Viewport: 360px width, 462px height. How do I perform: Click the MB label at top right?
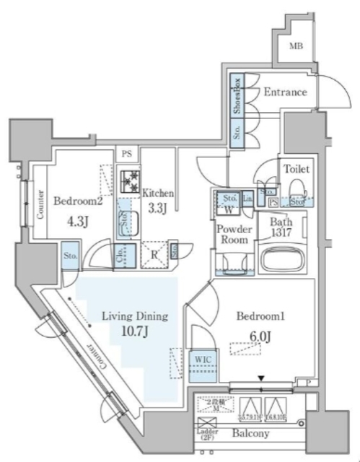(x=296, y=48)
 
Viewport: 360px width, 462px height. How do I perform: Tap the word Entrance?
(x=286, y=92)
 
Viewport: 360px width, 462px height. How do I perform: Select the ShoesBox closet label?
(x=236, y=96)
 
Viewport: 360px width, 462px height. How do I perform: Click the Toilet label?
(x=297, y=169)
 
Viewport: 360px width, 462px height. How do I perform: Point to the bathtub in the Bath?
(x=282, y=261)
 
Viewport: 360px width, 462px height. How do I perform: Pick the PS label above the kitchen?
(x=127, y=154)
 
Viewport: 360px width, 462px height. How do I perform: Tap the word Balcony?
(x=250, y=433)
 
